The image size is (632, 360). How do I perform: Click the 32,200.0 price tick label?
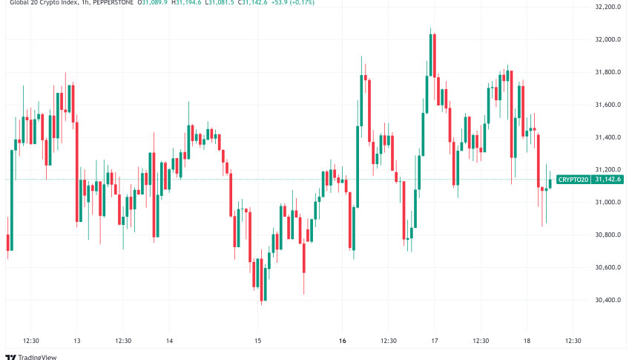pos(608,7)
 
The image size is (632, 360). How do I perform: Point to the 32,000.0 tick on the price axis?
pos(608,40)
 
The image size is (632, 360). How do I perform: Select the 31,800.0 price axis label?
pos(608,73)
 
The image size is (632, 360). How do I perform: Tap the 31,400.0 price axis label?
pos(608,138)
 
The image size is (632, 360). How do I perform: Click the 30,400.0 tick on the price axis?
pos(608,301)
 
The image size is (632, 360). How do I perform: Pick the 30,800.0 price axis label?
pos(608,235)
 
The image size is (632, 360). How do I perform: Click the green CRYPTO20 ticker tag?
pos(573,180)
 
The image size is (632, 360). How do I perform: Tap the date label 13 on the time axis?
pos(76,341)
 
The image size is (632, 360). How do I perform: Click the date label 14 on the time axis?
pos(169,341)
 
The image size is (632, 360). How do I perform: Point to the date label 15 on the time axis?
pos(257,341)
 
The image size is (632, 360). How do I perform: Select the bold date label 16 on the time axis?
pos(343,341)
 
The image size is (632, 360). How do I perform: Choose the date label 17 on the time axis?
pos(435,341)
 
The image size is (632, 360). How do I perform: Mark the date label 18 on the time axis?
pos(527,341)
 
